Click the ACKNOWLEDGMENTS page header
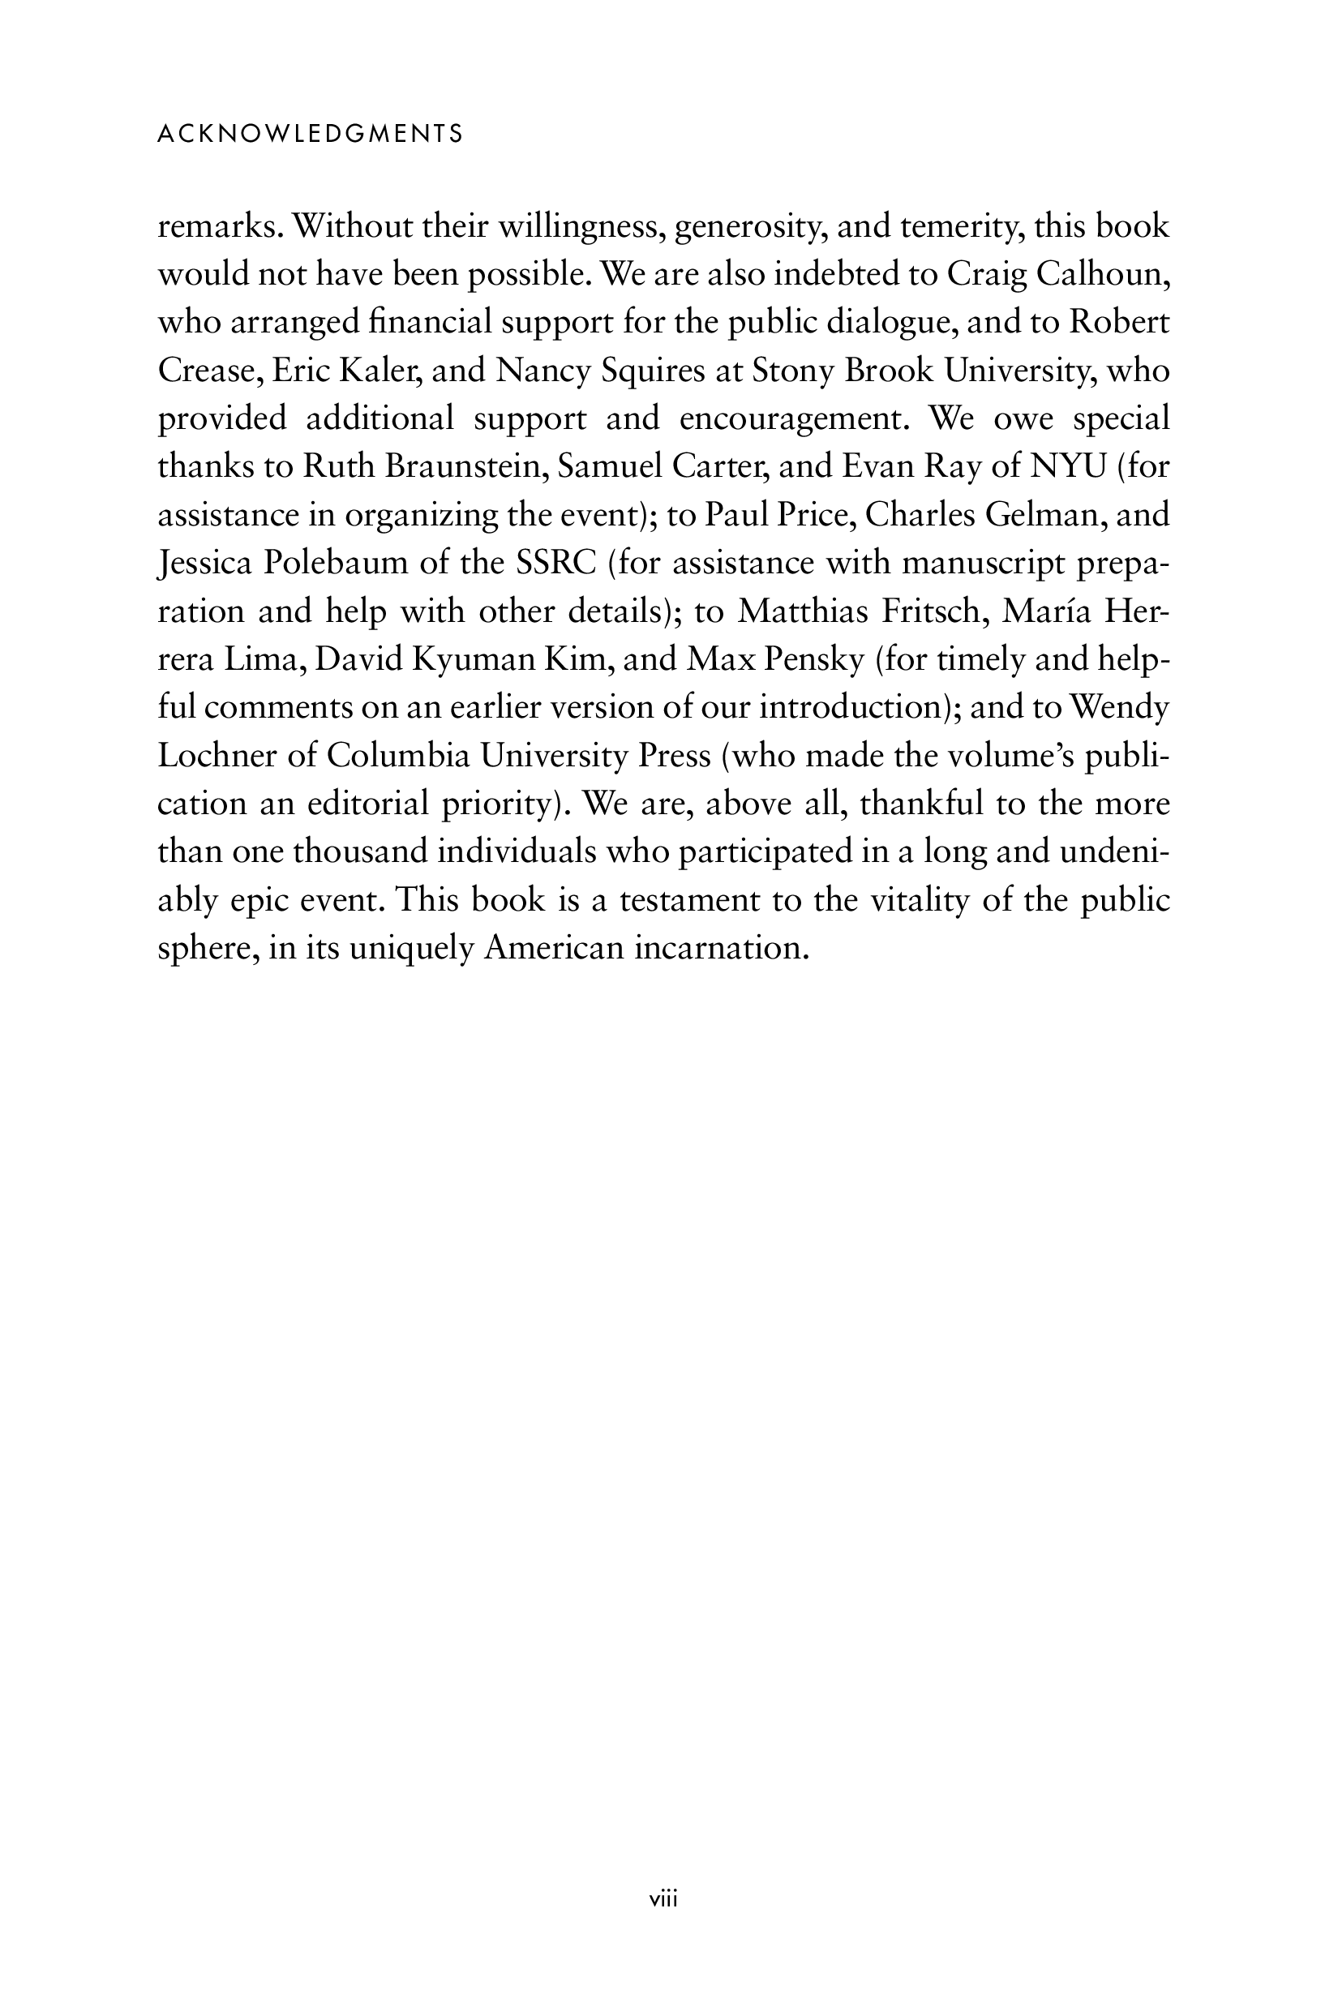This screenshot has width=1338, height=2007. [311, 134]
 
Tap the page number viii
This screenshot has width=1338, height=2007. [663, 1898]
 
